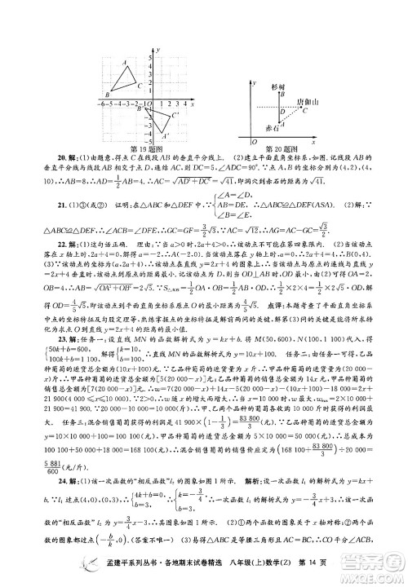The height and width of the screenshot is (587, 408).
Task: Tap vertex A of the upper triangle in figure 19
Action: (123, 67)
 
